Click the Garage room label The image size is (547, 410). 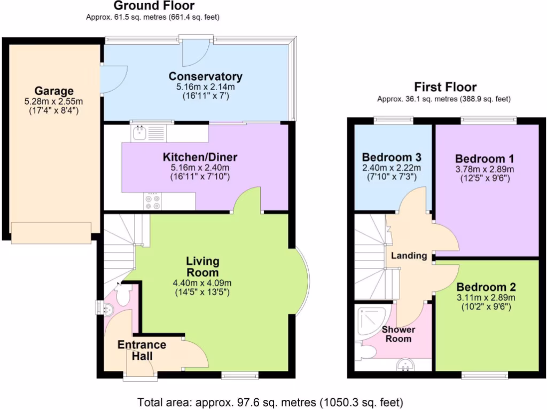tap(54, 91)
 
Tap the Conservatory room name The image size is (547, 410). tap(206, 76)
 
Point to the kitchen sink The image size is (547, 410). tap(140, 132)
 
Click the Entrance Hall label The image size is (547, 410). tap(142, 350)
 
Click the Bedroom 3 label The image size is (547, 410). tap(392, 157)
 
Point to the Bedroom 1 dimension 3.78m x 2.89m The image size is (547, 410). tap(485, 170)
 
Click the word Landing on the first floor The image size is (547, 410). tap(409, 256)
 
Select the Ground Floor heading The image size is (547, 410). tap(154, 6)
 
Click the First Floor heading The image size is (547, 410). tap(446, 87)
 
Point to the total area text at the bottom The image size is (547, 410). tap(270, 401)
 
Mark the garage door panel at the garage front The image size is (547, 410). tap(51, 233)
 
